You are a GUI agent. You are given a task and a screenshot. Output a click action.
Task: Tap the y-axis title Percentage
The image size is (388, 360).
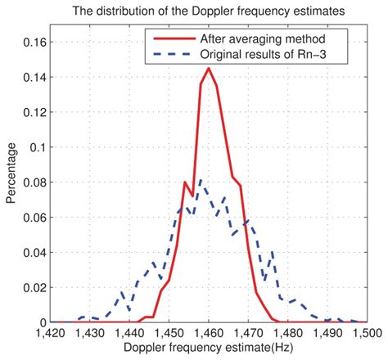coord(11,173)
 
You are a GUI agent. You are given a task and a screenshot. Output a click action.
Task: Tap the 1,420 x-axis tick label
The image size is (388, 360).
coord(51,334)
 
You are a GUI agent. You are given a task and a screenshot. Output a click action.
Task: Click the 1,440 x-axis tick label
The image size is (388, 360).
coord(129,334)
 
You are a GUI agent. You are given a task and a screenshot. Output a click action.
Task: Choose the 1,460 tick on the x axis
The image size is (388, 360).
coord(209,334)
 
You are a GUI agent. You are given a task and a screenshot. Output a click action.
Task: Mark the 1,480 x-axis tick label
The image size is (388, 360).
coord(287,334)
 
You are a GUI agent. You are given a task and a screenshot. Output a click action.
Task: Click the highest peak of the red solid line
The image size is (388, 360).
coord(209,68)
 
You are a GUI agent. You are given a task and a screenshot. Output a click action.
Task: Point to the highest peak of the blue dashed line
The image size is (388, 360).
coord(201,180)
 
